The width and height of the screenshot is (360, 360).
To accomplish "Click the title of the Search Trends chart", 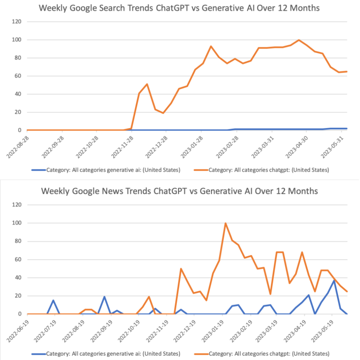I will coord(180,8).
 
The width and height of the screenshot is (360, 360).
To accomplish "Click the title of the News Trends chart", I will coord(180,191).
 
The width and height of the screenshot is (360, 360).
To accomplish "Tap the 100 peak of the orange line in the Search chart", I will coord(299,40).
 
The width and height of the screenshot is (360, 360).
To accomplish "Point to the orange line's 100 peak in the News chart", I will coord(225,223).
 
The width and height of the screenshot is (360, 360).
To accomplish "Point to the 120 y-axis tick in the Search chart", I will coord(17,22).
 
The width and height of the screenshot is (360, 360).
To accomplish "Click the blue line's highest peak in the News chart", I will coord(334,280).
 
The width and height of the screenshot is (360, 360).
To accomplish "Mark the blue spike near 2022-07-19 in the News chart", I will coord(53,300).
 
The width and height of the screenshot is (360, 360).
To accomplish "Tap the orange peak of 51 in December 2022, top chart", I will coord(147,84).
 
